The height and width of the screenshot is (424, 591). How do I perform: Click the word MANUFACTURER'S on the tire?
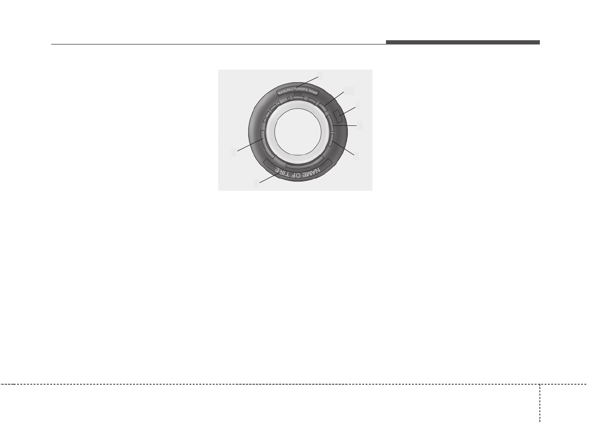(293, 91)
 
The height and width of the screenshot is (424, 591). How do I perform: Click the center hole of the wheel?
(298, 132)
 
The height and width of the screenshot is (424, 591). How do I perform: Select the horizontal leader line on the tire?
(345, 125)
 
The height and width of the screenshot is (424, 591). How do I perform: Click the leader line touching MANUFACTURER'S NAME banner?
(307, 82)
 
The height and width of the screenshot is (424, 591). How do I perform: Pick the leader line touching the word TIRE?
(269, 178)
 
